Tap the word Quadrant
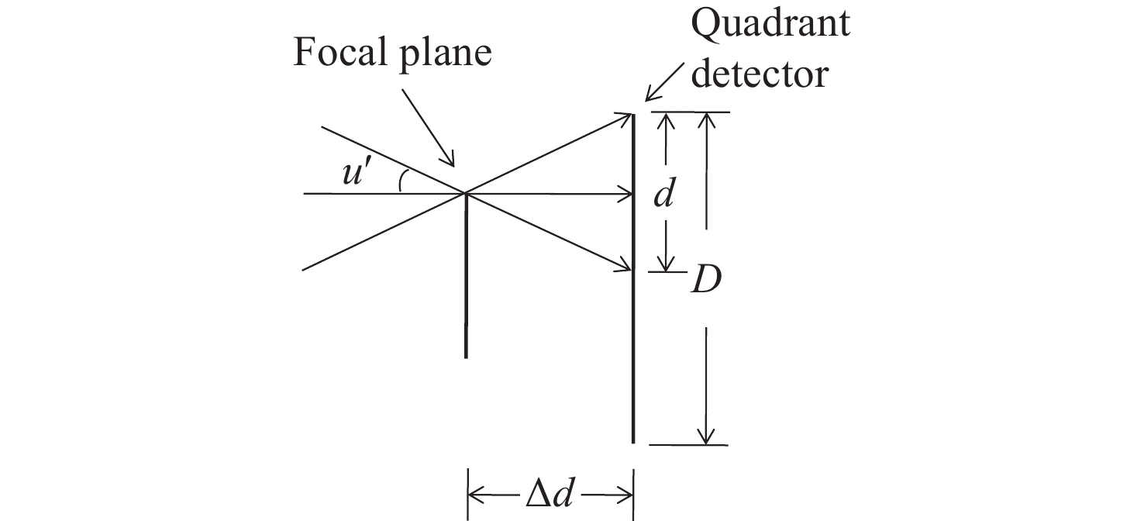pyautogui.click(x=770, y=24)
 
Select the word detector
pyautogui.click(x=760, y=75)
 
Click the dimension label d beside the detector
pyautogui.click(x=662, y=195)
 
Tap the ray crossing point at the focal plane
pyautogui.click(x=465, y=192)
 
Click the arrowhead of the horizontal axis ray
pyautogui.click(x=629, y=193)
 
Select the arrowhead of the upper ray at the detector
pyautogui.click(x=629, y=117)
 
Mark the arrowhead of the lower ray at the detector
pyautogui.click(x=629, y=268)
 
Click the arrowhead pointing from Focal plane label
pyautogui.click(x=450, y=163)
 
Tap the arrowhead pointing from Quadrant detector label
pyautogui.click(x=650, y=97)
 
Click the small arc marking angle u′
pyautogui.click(x=401, y=181)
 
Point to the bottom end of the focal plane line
pyautogui.click(x=466, y=357)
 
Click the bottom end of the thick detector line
pyautogui.click(x=634, y=442)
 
